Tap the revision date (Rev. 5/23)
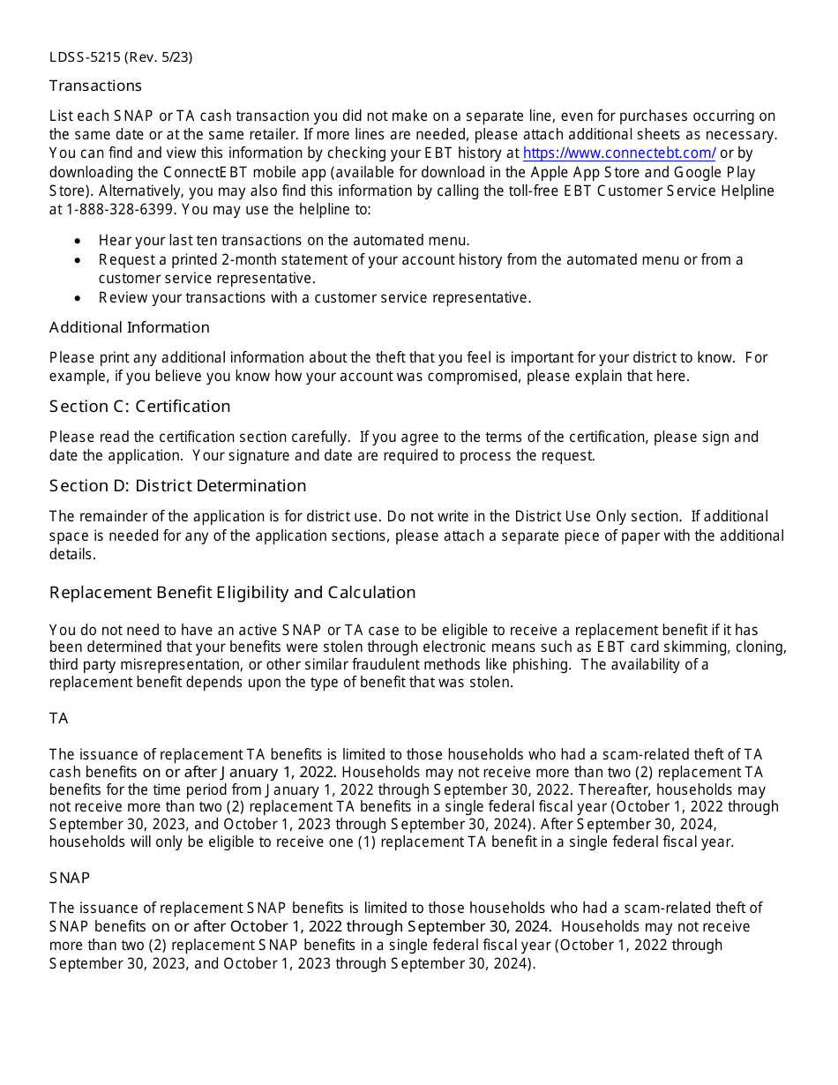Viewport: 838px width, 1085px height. coord(159,57)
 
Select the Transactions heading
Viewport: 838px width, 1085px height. coord(95,86)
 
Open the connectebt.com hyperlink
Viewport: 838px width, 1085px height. coord(619,153)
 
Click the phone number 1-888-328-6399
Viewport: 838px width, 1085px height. coord(115,210)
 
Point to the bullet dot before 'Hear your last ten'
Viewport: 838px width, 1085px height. coord(79,241)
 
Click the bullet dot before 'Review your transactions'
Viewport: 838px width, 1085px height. coord(79,298)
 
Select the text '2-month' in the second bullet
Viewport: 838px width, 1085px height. coord(247,259)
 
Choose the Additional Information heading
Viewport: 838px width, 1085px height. coord(130,327)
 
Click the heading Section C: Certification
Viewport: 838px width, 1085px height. coord(139,407)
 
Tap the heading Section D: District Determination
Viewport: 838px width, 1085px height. coord(177,486)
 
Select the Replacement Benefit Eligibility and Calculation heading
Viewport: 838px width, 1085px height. coord(232,593)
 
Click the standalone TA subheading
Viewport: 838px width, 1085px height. coord(58,719)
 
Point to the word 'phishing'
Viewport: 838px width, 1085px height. coord(540,664)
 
